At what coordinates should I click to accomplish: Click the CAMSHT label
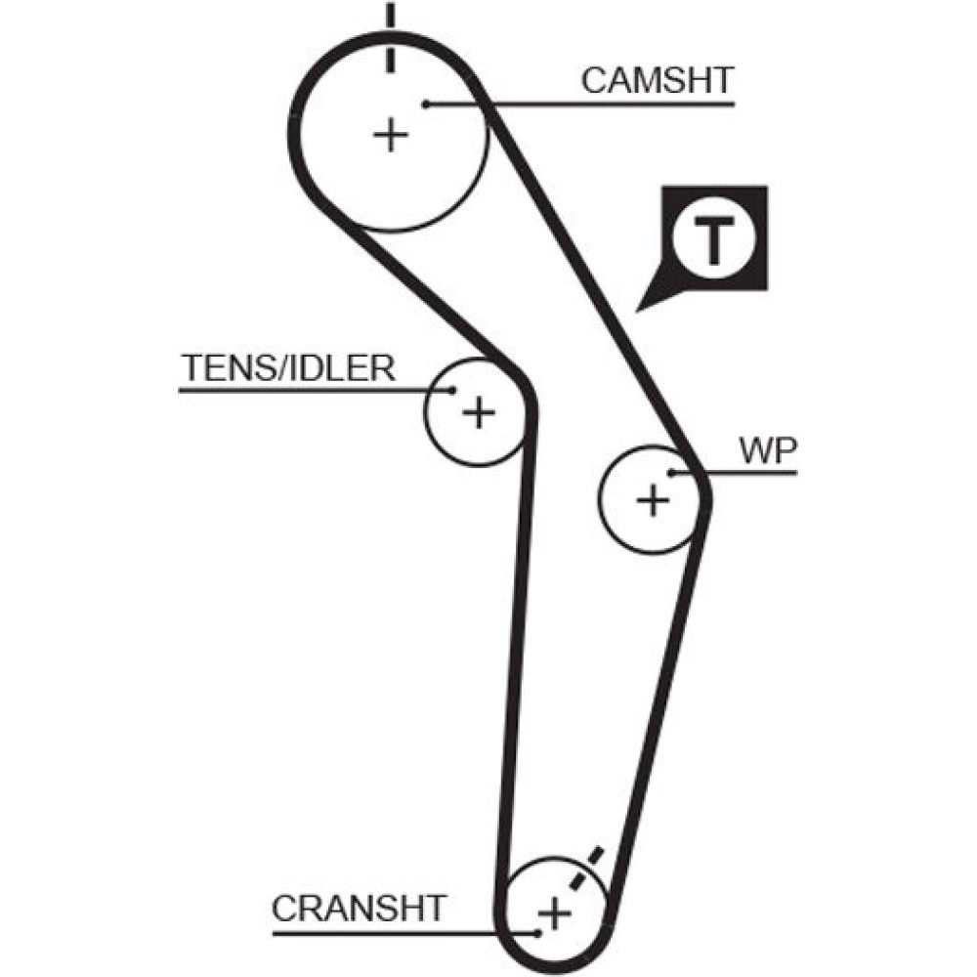point(657,80)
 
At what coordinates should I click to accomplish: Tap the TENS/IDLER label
point(288,368)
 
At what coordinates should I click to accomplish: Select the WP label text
point(768,450)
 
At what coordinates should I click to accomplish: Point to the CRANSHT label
point(359,908)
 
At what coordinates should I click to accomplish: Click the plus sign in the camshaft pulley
point(390,134)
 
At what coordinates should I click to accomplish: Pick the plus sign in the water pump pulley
point(653,501)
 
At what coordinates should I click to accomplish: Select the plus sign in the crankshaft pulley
point(554,915)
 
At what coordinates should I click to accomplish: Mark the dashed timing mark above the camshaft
point(390,39)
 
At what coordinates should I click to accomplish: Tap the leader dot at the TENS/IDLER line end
point(452,391)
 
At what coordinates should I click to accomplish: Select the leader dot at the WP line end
point(672,474)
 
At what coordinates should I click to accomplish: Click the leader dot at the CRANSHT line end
point(536,932)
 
